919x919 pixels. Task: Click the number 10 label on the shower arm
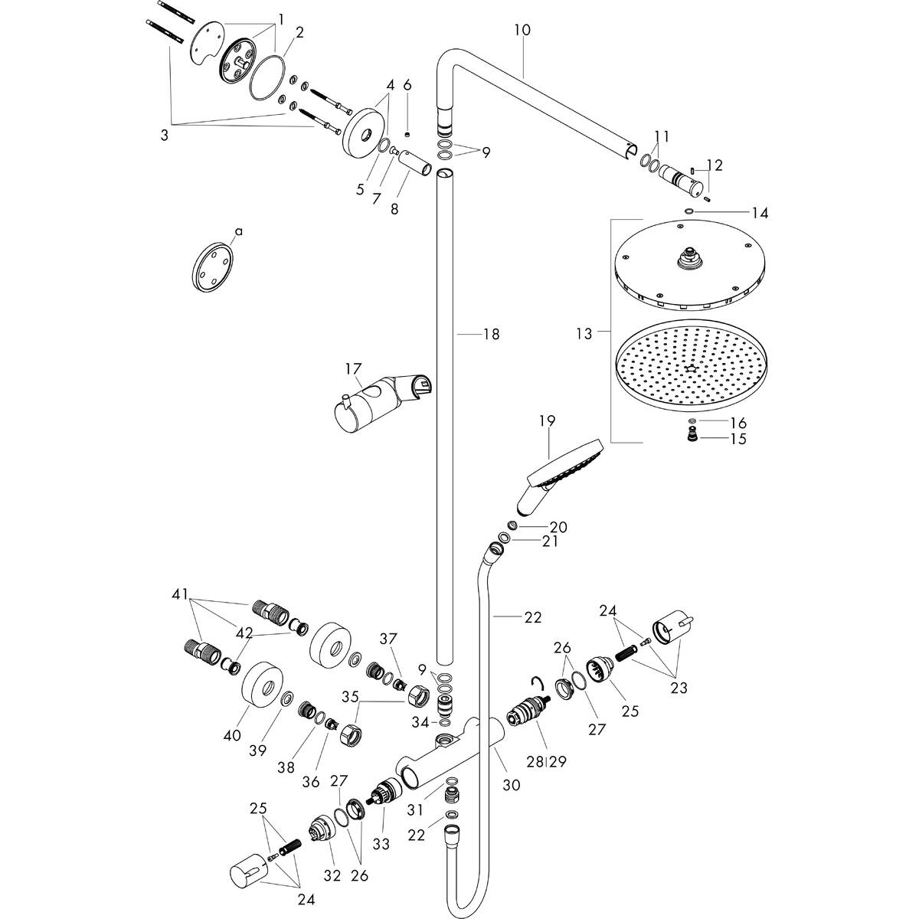[x=522, y=30]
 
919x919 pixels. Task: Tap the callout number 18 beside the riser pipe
[x=490, y=334]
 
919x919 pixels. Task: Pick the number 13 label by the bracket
[x=584, y=334]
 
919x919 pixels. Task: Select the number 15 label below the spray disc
[x=738, y=439]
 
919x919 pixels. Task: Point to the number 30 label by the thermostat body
[x=512, y=785]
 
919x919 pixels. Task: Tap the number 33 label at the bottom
[x=381, y=844]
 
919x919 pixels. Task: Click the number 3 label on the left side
[x=164, y=136]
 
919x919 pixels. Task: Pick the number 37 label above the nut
[x=390, y=639]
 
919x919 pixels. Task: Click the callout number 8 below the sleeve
[x=394, y=208]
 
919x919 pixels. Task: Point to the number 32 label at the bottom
[x=331, y=875]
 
